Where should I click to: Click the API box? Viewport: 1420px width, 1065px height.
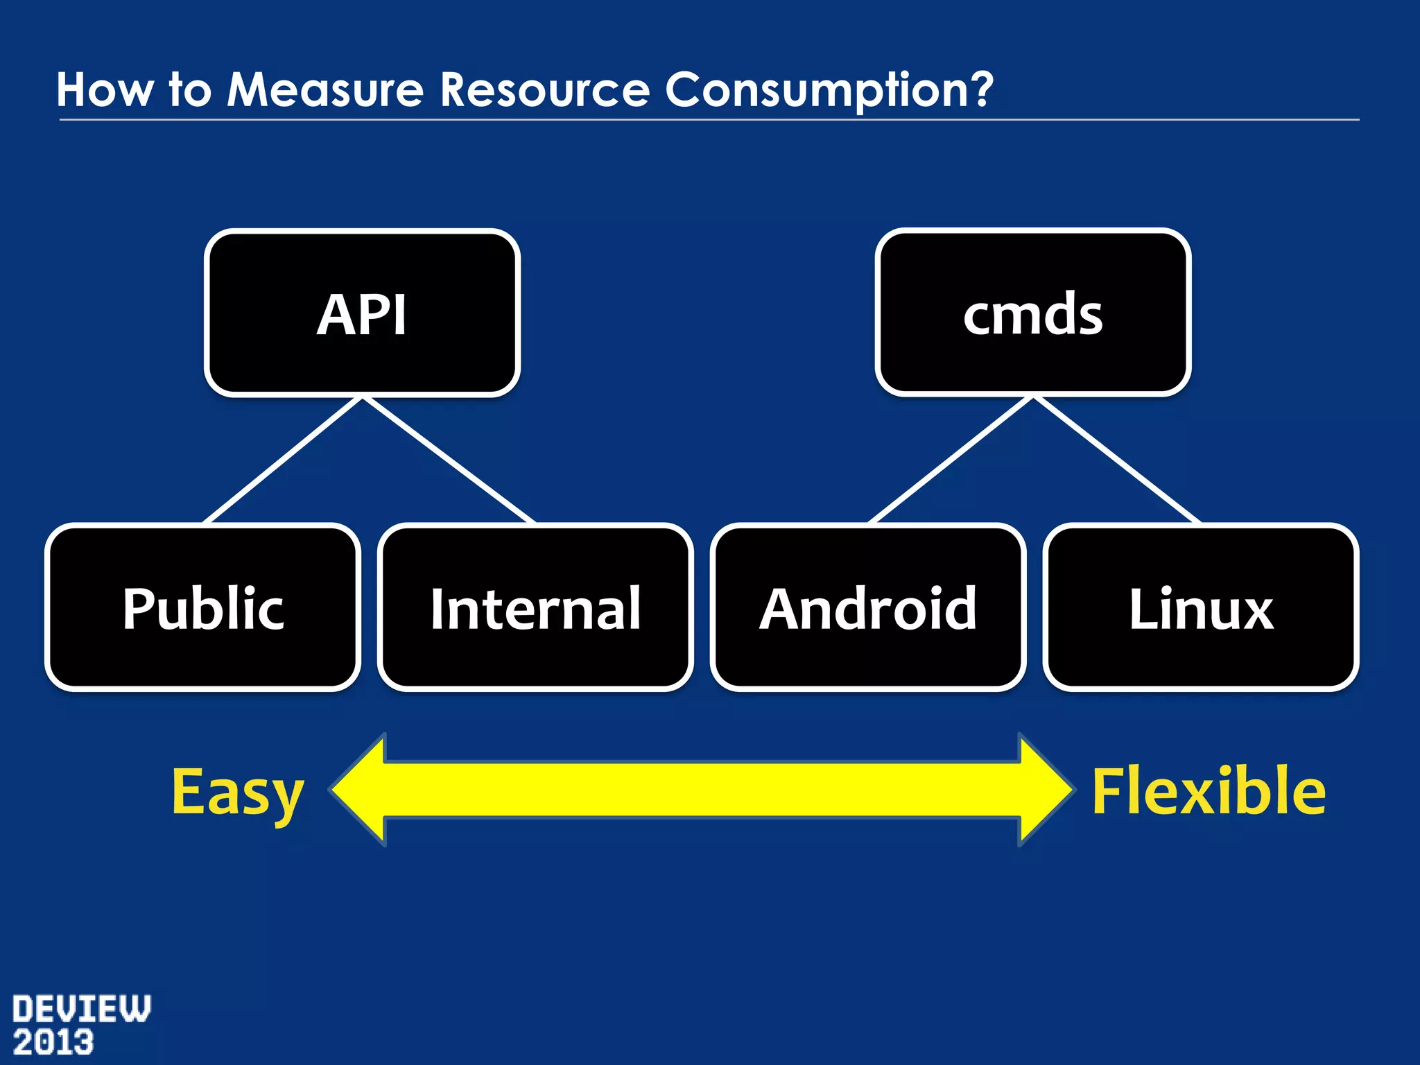pyautogui.click(x=362, y=313)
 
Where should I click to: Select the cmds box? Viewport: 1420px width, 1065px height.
pyautogui.click(x=1032, y=313)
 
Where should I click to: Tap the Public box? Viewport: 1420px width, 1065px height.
pyautogui.click(x=202, y=607)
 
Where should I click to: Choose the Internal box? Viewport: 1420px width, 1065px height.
pyautogui.click(x=535, y=607)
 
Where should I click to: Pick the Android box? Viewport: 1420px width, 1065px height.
pyautogui.click(x=868, y=607)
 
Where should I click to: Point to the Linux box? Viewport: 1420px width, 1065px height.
pyautogui.click(x=1201, y=607)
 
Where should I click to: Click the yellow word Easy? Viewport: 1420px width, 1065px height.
pyautogui.click(x=237, y=792)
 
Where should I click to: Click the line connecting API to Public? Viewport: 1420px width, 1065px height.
pyautogui.click(x=283, y=460)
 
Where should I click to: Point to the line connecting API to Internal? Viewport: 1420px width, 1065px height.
pyautogui.click(x=449, y=460)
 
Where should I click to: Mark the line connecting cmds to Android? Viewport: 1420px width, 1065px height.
pyautogui.click(x=951, y=460)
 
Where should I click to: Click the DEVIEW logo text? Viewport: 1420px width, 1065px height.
pyautogui.click(x=81, y=1009)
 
